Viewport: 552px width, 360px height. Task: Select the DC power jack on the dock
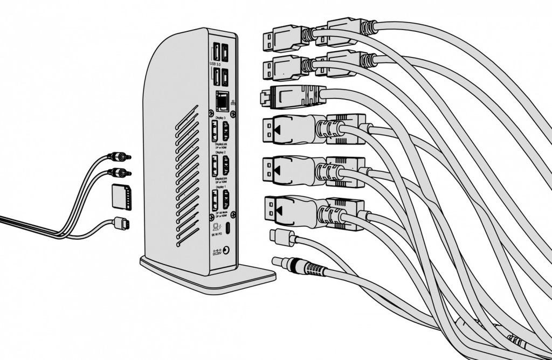coord(230,251)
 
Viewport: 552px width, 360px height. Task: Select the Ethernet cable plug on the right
coord(291,96)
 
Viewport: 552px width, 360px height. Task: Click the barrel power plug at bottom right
coord(294,265)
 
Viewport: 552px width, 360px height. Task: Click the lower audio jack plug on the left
coord(119,173)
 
